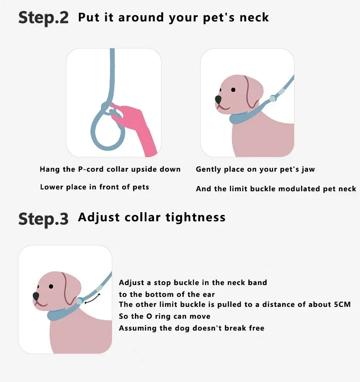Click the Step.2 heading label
pyautogui.click(x=43, y=18)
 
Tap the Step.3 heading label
pyautogui.click(x=43, y=219)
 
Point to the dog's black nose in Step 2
pyautogui.click(x=218, y=99)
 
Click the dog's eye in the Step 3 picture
pyautogui.click(x=51, y=286)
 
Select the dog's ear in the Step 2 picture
pyautogui.click(x=251, y=92)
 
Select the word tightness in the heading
pyautogui.click(x=195, y=217)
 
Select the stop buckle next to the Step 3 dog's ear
pyautogui.click(x=79, y=301)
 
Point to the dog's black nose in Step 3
pyautogui.click(x=36, y=296)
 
